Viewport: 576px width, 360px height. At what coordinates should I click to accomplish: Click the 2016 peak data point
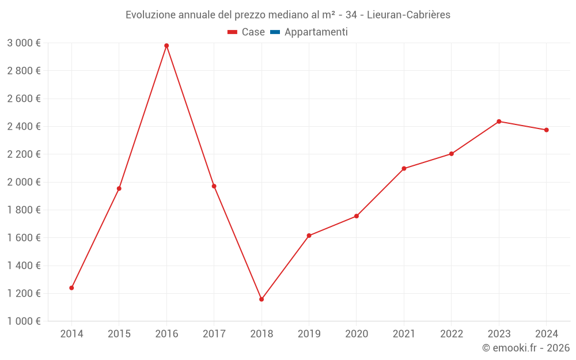click(x=166, y=46)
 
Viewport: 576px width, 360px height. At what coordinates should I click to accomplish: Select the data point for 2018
click(x=262, y=300)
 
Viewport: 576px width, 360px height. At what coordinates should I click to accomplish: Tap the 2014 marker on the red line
click(x=71, y=288)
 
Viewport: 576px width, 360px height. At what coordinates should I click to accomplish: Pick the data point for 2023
click(x=499, y=122)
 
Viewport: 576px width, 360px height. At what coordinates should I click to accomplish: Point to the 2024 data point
click(x=546, y=130)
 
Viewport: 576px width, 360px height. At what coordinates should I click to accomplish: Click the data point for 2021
click(x=404, y=169)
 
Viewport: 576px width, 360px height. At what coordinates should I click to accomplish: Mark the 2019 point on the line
click(x=309, y=236)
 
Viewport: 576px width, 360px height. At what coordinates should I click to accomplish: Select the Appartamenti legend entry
click(x=316, y=32)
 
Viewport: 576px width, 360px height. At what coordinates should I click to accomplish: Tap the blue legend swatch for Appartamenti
click(x=275, y=32)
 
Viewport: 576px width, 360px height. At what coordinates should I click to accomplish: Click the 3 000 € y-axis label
click(x=24, y=43)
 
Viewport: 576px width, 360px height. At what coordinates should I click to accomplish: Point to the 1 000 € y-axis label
click(x=24, y=321)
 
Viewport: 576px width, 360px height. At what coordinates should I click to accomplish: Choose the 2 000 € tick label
click(x=24, y=182)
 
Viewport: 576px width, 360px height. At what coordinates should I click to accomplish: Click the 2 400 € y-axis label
click(x=24, y=127)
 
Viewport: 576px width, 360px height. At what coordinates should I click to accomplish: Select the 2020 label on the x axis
click(x=357, y=334)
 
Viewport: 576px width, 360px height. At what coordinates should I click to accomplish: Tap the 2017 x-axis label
click(x=214, y=334)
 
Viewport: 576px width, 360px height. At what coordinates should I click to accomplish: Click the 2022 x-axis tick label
click(x=451, y=334)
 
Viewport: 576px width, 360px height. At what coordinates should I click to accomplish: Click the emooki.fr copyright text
click(x=526, y=348)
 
